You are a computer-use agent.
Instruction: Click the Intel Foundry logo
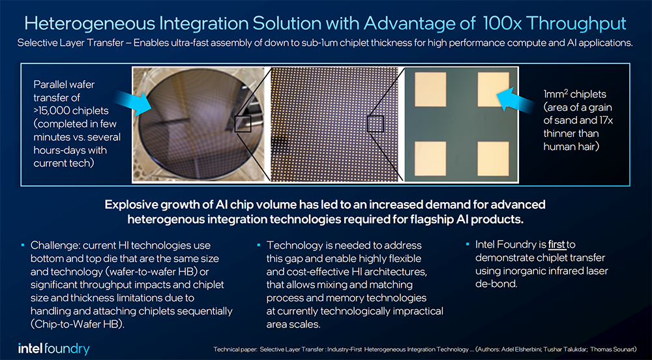(53, 348)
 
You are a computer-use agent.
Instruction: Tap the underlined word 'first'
(557, 245)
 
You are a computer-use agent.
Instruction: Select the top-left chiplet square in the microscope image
(430, 89)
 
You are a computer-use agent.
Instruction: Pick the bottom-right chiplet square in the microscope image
(493, 158)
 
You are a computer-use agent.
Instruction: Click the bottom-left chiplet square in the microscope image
(430, 158)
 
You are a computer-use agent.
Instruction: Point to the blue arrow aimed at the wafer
(132, 102)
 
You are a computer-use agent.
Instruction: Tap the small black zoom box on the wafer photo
(243, 124)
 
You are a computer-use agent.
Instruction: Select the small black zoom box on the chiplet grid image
(375, 124)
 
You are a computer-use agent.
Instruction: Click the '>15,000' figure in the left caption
(50, 111)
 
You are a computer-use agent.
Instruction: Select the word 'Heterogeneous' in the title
(88, 23)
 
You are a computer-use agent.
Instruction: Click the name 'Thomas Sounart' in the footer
(613, 349)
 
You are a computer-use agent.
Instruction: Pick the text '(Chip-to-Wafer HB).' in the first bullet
(78, 324)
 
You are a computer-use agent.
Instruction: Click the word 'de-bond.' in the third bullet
(496, 284)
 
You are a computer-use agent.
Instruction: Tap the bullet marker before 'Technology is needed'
(259, 245)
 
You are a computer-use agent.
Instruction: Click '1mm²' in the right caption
(554, 94)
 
